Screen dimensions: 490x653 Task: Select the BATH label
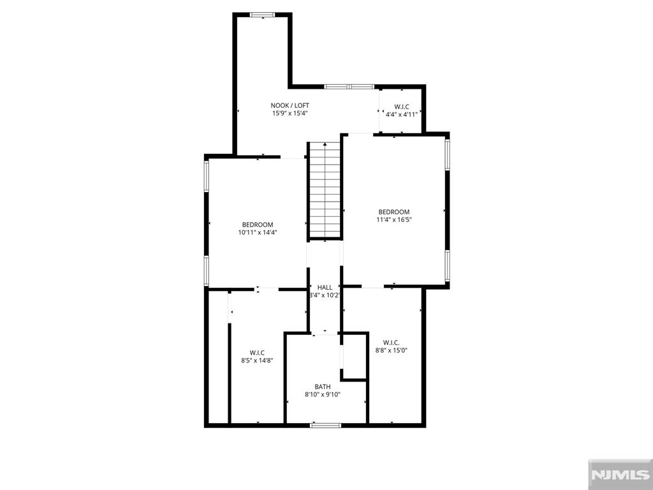pyautogui.click(x=322, y=387)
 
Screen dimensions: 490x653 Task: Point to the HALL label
pyautogui.click(x=325, y=287)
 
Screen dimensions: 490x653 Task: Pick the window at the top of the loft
pyautogui.click(x=262, y=15)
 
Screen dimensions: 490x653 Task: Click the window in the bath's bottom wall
pyautogui.click(x=325, y=424)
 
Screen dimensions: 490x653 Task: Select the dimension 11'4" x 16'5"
pyautogui.click(x=394, y=220)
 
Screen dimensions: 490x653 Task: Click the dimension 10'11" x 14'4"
pyautogui.click(x=258, y=232)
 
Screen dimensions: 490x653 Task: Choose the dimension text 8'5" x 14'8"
pyautogui.click(x=257, y=360)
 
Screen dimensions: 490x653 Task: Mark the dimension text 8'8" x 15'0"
pyautogui.click(x=391, y=350)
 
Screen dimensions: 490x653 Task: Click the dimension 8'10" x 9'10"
pyautogui.click(x=322, y=394)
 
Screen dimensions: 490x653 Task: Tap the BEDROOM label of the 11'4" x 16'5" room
pyautogui.click(x=394, y=212)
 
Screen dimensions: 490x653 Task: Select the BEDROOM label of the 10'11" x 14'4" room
pyautogui.click(x=258, y=224)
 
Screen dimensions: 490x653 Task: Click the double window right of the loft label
pyautogui.click(x=349, y=86)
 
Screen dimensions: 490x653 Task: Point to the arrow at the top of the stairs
pyautogui.click(x=325, y=145)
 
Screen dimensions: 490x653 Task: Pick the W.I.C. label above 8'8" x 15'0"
pyautogui.click(x=391, y=341)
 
